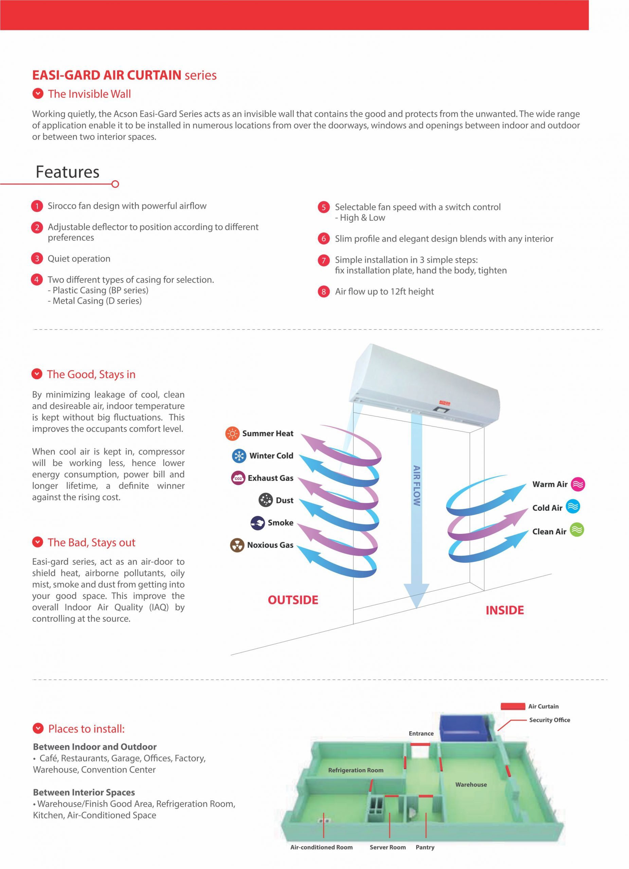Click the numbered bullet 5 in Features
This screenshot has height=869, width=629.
tap(324, 207)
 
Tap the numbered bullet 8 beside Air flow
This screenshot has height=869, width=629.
tap(324, 292)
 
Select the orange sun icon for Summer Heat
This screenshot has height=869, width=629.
tap(232, 434)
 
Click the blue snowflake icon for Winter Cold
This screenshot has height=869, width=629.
tap(239, 456)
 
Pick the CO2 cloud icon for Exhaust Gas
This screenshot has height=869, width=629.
tap(238, 478)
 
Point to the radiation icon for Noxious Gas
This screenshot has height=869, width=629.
tap(237, 545)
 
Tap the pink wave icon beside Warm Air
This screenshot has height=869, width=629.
tap(578, 485)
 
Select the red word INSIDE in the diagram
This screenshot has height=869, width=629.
tap(504, 610)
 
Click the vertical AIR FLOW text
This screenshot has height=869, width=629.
tap(417, 486)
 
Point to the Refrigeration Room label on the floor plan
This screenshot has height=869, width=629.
tap(355, 770)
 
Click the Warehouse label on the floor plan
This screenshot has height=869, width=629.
tap(471, 784)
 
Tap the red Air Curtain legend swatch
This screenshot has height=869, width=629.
tap(513, 706)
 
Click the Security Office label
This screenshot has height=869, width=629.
tap(549, 720)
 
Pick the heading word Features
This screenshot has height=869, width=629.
tap(68, 172)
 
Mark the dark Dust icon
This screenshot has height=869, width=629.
tap(266, 500)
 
